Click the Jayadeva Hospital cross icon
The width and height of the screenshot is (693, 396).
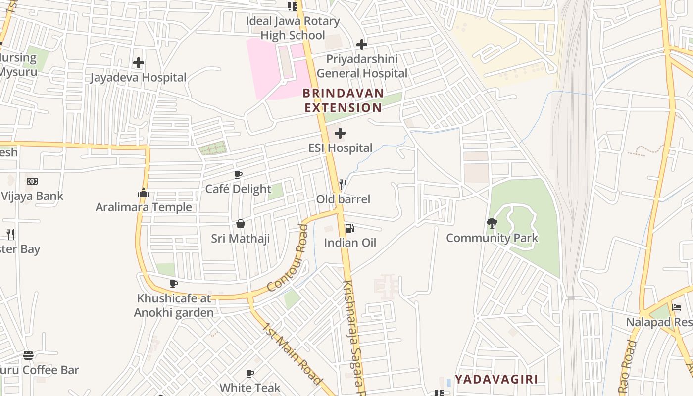pos(139,63)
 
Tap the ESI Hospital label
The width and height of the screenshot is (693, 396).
pos(340,148)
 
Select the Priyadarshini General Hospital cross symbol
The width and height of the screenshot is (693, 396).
pos(362,45)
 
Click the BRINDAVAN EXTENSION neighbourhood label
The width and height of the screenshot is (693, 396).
pos(343,100)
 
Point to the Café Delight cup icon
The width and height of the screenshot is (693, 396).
pos(238,174)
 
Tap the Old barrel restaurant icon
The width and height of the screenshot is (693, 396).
pos(343,185)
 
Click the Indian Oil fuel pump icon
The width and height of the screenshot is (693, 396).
pos(349,228)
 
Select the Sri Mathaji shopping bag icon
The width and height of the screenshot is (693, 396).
pos(241,224)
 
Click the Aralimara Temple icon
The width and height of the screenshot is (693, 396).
pos(144,193)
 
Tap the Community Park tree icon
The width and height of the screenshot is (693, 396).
pos(492,223)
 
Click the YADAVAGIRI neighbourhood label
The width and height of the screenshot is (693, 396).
pos(496,379)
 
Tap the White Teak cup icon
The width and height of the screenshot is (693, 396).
pos(250,373)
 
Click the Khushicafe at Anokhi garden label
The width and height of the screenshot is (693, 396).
pos(174,305)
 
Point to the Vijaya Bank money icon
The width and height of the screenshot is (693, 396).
pos(32,181)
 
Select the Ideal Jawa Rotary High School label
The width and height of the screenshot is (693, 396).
pos(293,28)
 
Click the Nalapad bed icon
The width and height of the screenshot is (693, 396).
pos(677,307)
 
